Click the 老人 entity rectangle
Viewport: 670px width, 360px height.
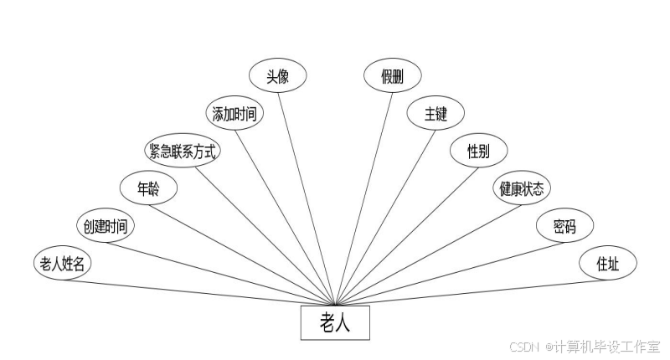pyautogui.click(x=335, y=322)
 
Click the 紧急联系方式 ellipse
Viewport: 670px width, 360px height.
pyautogui.click(x=182, y=151)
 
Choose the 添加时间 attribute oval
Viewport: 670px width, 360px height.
pyautogui.click(x=234, y=114)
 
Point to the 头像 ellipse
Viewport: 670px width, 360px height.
pyautogui.click(x=278, y=75)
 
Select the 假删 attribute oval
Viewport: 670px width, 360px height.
pyautogui.click(x=392, y=75)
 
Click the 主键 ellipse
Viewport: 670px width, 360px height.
pyautogui.click(x=435, y=114)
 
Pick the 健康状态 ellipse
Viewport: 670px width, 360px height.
pyautogui.click(x=522, y=188)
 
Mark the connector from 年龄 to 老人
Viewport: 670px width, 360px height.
pyautogui.click(x=243, y=252)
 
